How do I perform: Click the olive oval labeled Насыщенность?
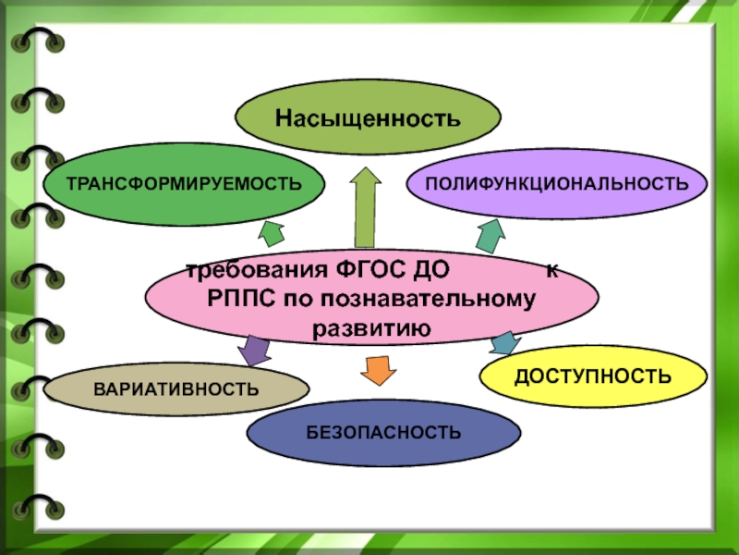pos(368,117)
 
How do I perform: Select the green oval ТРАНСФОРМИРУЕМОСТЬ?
pos(184,182)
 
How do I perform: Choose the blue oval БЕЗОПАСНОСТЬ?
pos(383,432)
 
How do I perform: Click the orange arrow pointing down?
pos(376,368)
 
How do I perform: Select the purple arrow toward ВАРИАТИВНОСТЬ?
pos(254,350)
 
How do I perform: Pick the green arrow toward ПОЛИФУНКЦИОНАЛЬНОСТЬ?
pos(488,235)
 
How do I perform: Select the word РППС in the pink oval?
pos(238,298)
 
